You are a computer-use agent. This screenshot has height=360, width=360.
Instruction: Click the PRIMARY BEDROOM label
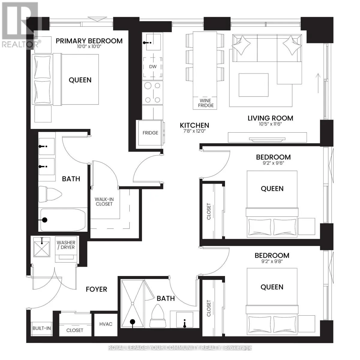click(x=89, y=41)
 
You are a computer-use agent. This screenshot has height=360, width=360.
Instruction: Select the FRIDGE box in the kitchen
click(x=150, y=133)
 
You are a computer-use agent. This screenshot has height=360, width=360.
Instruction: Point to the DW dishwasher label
click(x=153, y=67)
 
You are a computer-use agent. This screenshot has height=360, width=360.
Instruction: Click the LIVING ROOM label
click(x=270, y=118)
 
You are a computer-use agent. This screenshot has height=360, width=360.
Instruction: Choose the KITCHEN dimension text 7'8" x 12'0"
click(x=194, y=131)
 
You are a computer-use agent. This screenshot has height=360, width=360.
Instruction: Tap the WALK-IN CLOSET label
click(x=104, y=202)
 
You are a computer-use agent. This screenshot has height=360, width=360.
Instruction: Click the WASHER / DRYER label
click(x=66, y=245)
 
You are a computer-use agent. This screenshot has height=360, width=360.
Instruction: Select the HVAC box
click(x=106, y=324)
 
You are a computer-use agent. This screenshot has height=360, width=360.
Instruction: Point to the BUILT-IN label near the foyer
click(x=41, y=328)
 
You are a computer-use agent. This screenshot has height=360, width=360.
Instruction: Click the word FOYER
click(x=96, y=289)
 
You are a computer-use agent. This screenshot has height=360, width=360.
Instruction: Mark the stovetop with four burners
click(x=153, y=92)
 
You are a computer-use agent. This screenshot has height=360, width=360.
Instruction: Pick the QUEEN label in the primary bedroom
click(x=80, y=80)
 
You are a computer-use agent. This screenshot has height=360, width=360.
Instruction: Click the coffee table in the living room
click(x=253, y=84)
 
